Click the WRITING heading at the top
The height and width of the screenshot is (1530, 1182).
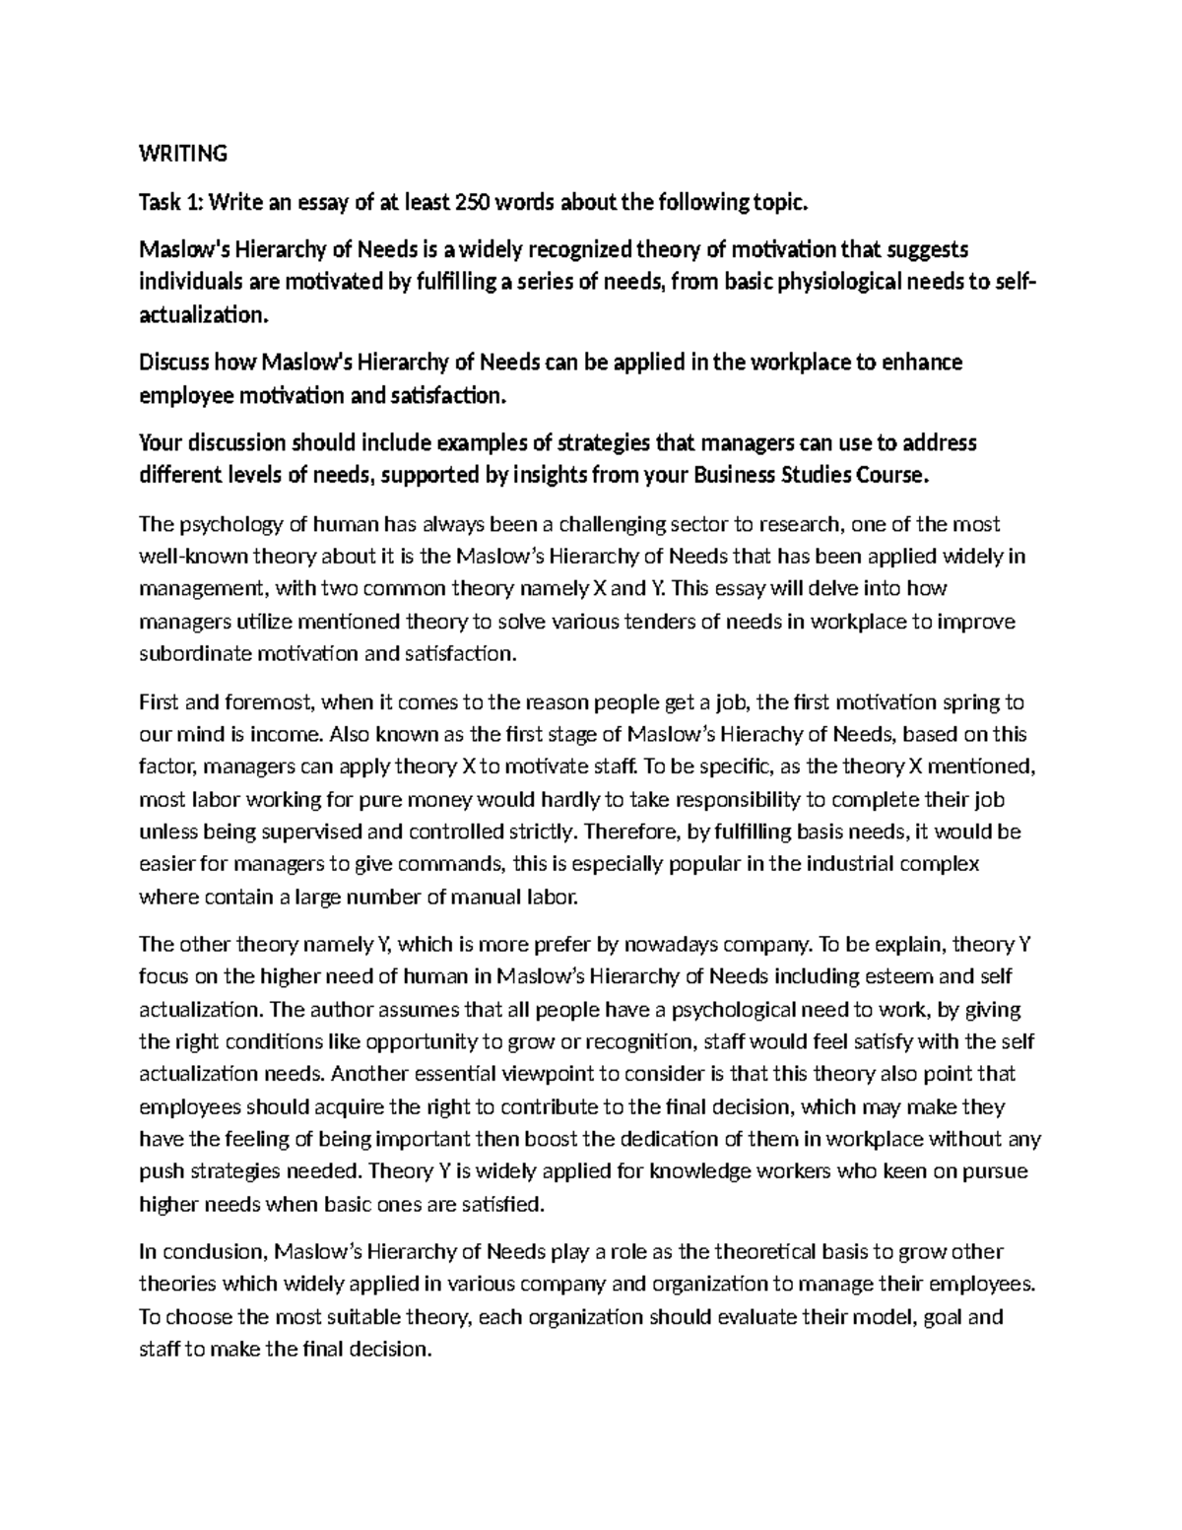[183, 154]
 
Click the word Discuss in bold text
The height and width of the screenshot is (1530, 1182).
[174, 363]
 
